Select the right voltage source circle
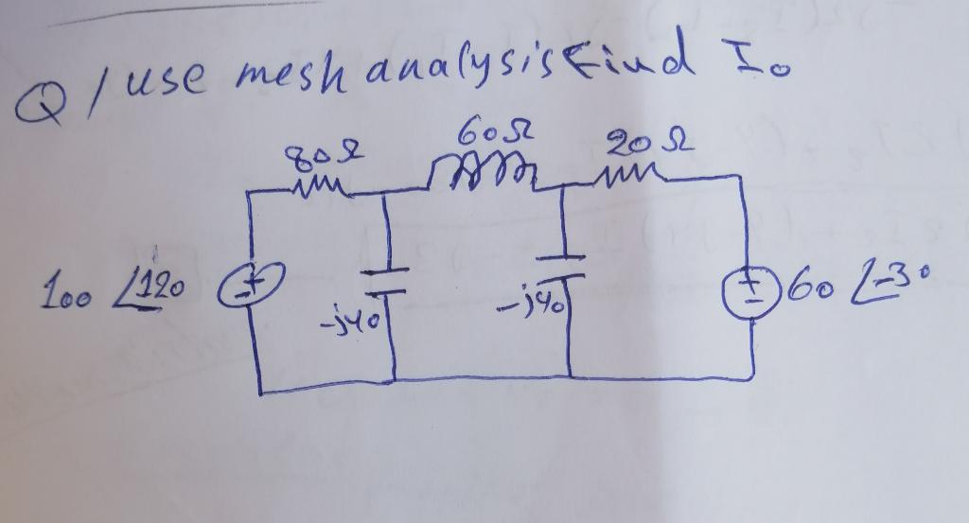point(744,285)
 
